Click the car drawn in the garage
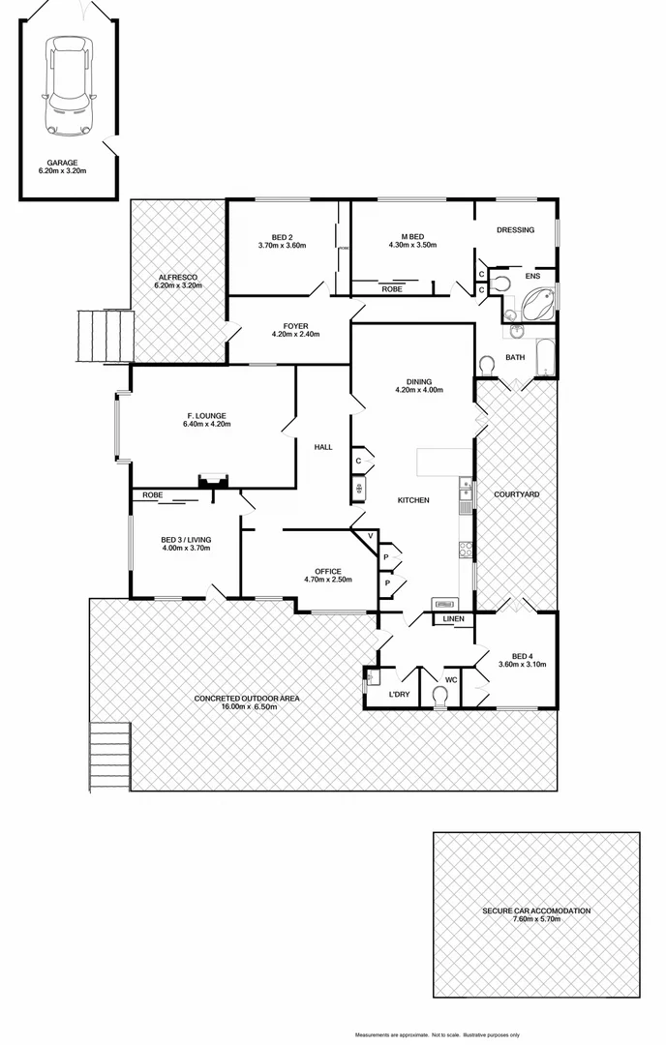tap(69, 87)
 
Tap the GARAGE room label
tap(62, 163)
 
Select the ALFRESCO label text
tap(178, 277)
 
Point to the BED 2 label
tap(282, 237)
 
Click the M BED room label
tap(413, 237)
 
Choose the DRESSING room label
tap(515, 230)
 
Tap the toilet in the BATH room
tap(488, 364)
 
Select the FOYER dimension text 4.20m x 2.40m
tap(295, 335)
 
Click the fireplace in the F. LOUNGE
tap(212, 480)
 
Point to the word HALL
tap(323, 447)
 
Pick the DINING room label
tap(419, 382)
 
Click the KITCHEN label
tap(413, 500)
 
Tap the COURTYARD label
tap(516, 494)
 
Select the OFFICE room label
tap(328, 571)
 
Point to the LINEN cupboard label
tap(453, 619)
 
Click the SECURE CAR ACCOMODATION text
tap(536, 911)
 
